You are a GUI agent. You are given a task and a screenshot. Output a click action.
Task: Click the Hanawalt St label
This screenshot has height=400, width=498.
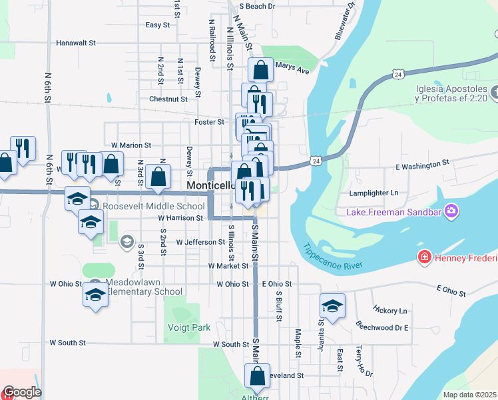[76, 43]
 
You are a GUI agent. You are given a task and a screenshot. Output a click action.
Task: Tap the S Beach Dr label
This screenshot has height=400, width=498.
[256, 7]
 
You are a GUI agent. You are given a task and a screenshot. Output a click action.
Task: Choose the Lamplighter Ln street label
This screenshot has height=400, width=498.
[373, 193]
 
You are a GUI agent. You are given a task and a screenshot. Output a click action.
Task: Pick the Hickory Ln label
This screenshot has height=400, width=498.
[390, 311]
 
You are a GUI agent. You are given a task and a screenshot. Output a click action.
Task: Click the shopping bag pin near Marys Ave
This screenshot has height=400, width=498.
[261, 69]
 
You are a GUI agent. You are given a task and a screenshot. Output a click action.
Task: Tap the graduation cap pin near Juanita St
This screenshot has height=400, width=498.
[332, 306]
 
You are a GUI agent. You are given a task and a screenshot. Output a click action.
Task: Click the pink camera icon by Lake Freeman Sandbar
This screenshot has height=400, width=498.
[453, 212]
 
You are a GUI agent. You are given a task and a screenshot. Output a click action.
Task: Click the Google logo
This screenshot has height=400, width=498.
[21, 393]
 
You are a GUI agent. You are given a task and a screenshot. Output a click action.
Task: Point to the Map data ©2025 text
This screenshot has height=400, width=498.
[469, 395]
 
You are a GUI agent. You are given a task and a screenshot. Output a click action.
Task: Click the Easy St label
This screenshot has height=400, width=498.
[157, 25]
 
